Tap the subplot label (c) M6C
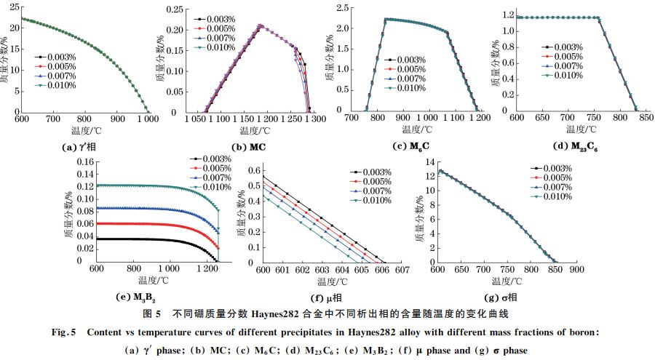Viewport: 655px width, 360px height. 408,147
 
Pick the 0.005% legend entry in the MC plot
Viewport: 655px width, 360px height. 215,28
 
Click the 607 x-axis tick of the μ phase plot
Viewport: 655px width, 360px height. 398,271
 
